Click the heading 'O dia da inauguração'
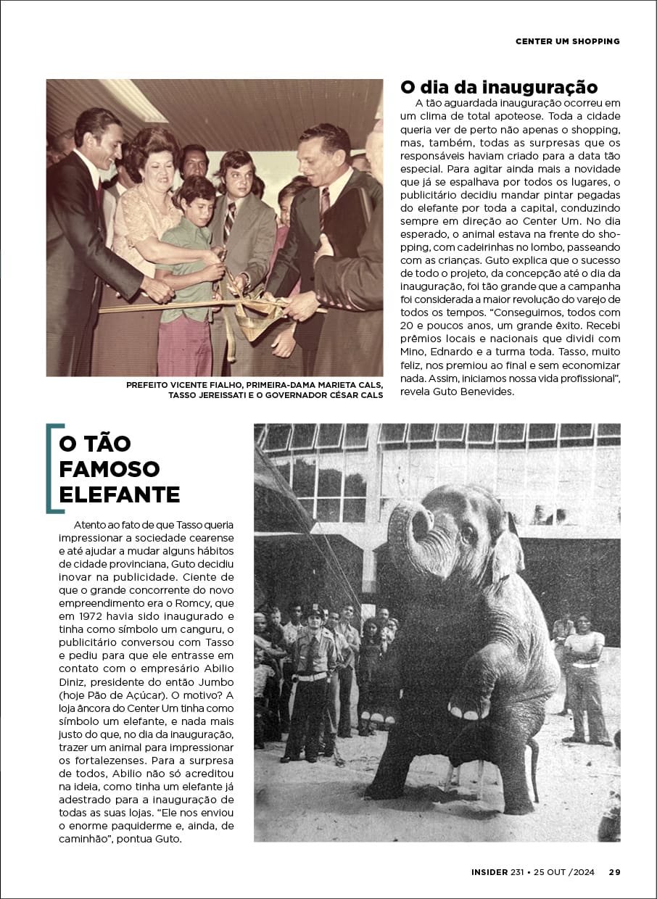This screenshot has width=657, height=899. tap(499, 88)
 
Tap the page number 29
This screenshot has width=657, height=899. tap(614, 872)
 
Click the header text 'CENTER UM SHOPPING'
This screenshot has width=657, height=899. tap(568, 41)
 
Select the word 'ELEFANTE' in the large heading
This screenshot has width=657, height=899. tap(120, 495)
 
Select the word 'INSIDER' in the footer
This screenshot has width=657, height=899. tap(489, 872)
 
